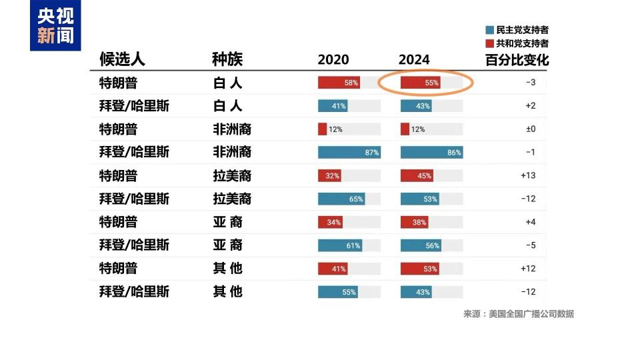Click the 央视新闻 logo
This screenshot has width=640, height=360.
pyautogui.click(x=55, y=26)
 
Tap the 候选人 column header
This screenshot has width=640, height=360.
pyautogui.click(x=122, y=59)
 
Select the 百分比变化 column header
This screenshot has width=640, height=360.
pyautogui.click(x=517, y=59)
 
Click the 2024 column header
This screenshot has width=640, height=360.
pyautogui.click(x=414, y=59)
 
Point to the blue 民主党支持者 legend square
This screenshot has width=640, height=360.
pyautogui.click(x=490, y=30)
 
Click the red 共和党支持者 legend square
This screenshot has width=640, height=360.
pyautogui.click(x=490, y=43)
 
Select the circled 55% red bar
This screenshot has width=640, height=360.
pyautogui.click(x=421, y=83)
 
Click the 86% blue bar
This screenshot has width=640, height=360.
pyautogui.click(x=431, y=153)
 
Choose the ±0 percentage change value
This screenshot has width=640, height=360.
pyautogui.click(x=530, y=129)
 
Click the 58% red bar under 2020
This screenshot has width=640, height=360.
pyautogui.click(x=339, y=83)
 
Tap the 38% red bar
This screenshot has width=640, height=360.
pyautogui.click(x=414, y=222)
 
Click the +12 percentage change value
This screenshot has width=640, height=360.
pyautogui.click(x=529, y=268)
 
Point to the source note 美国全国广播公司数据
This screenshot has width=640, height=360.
pyautogui.click(x=518, y=314)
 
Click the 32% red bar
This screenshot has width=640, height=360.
pyautogui.click(x=330, y=176)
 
